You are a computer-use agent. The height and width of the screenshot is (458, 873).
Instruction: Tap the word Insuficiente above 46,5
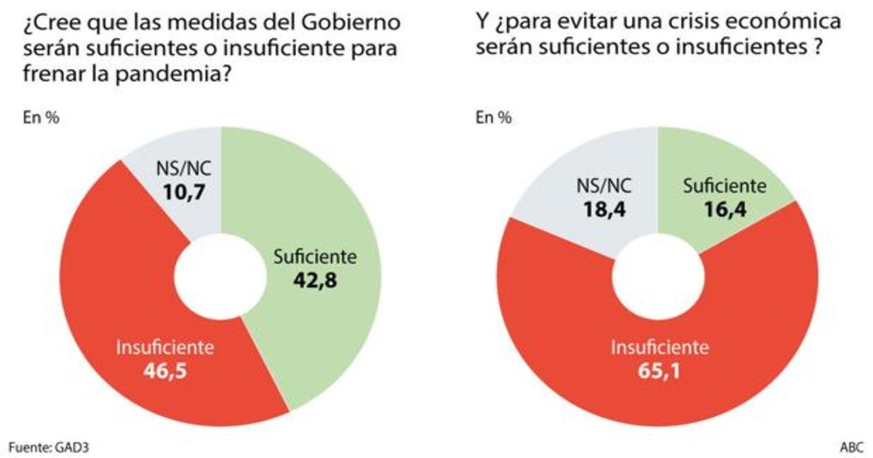tap(165, 347)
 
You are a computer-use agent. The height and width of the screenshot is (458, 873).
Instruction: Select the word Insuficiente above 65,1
tap(659, 347)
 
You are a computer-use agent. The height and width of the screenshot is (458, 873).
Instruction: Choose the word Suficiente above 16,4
tap(725, 187)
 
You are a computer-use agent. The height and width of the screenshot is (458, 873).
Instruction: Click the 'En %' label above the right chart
tap(493, 118)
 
